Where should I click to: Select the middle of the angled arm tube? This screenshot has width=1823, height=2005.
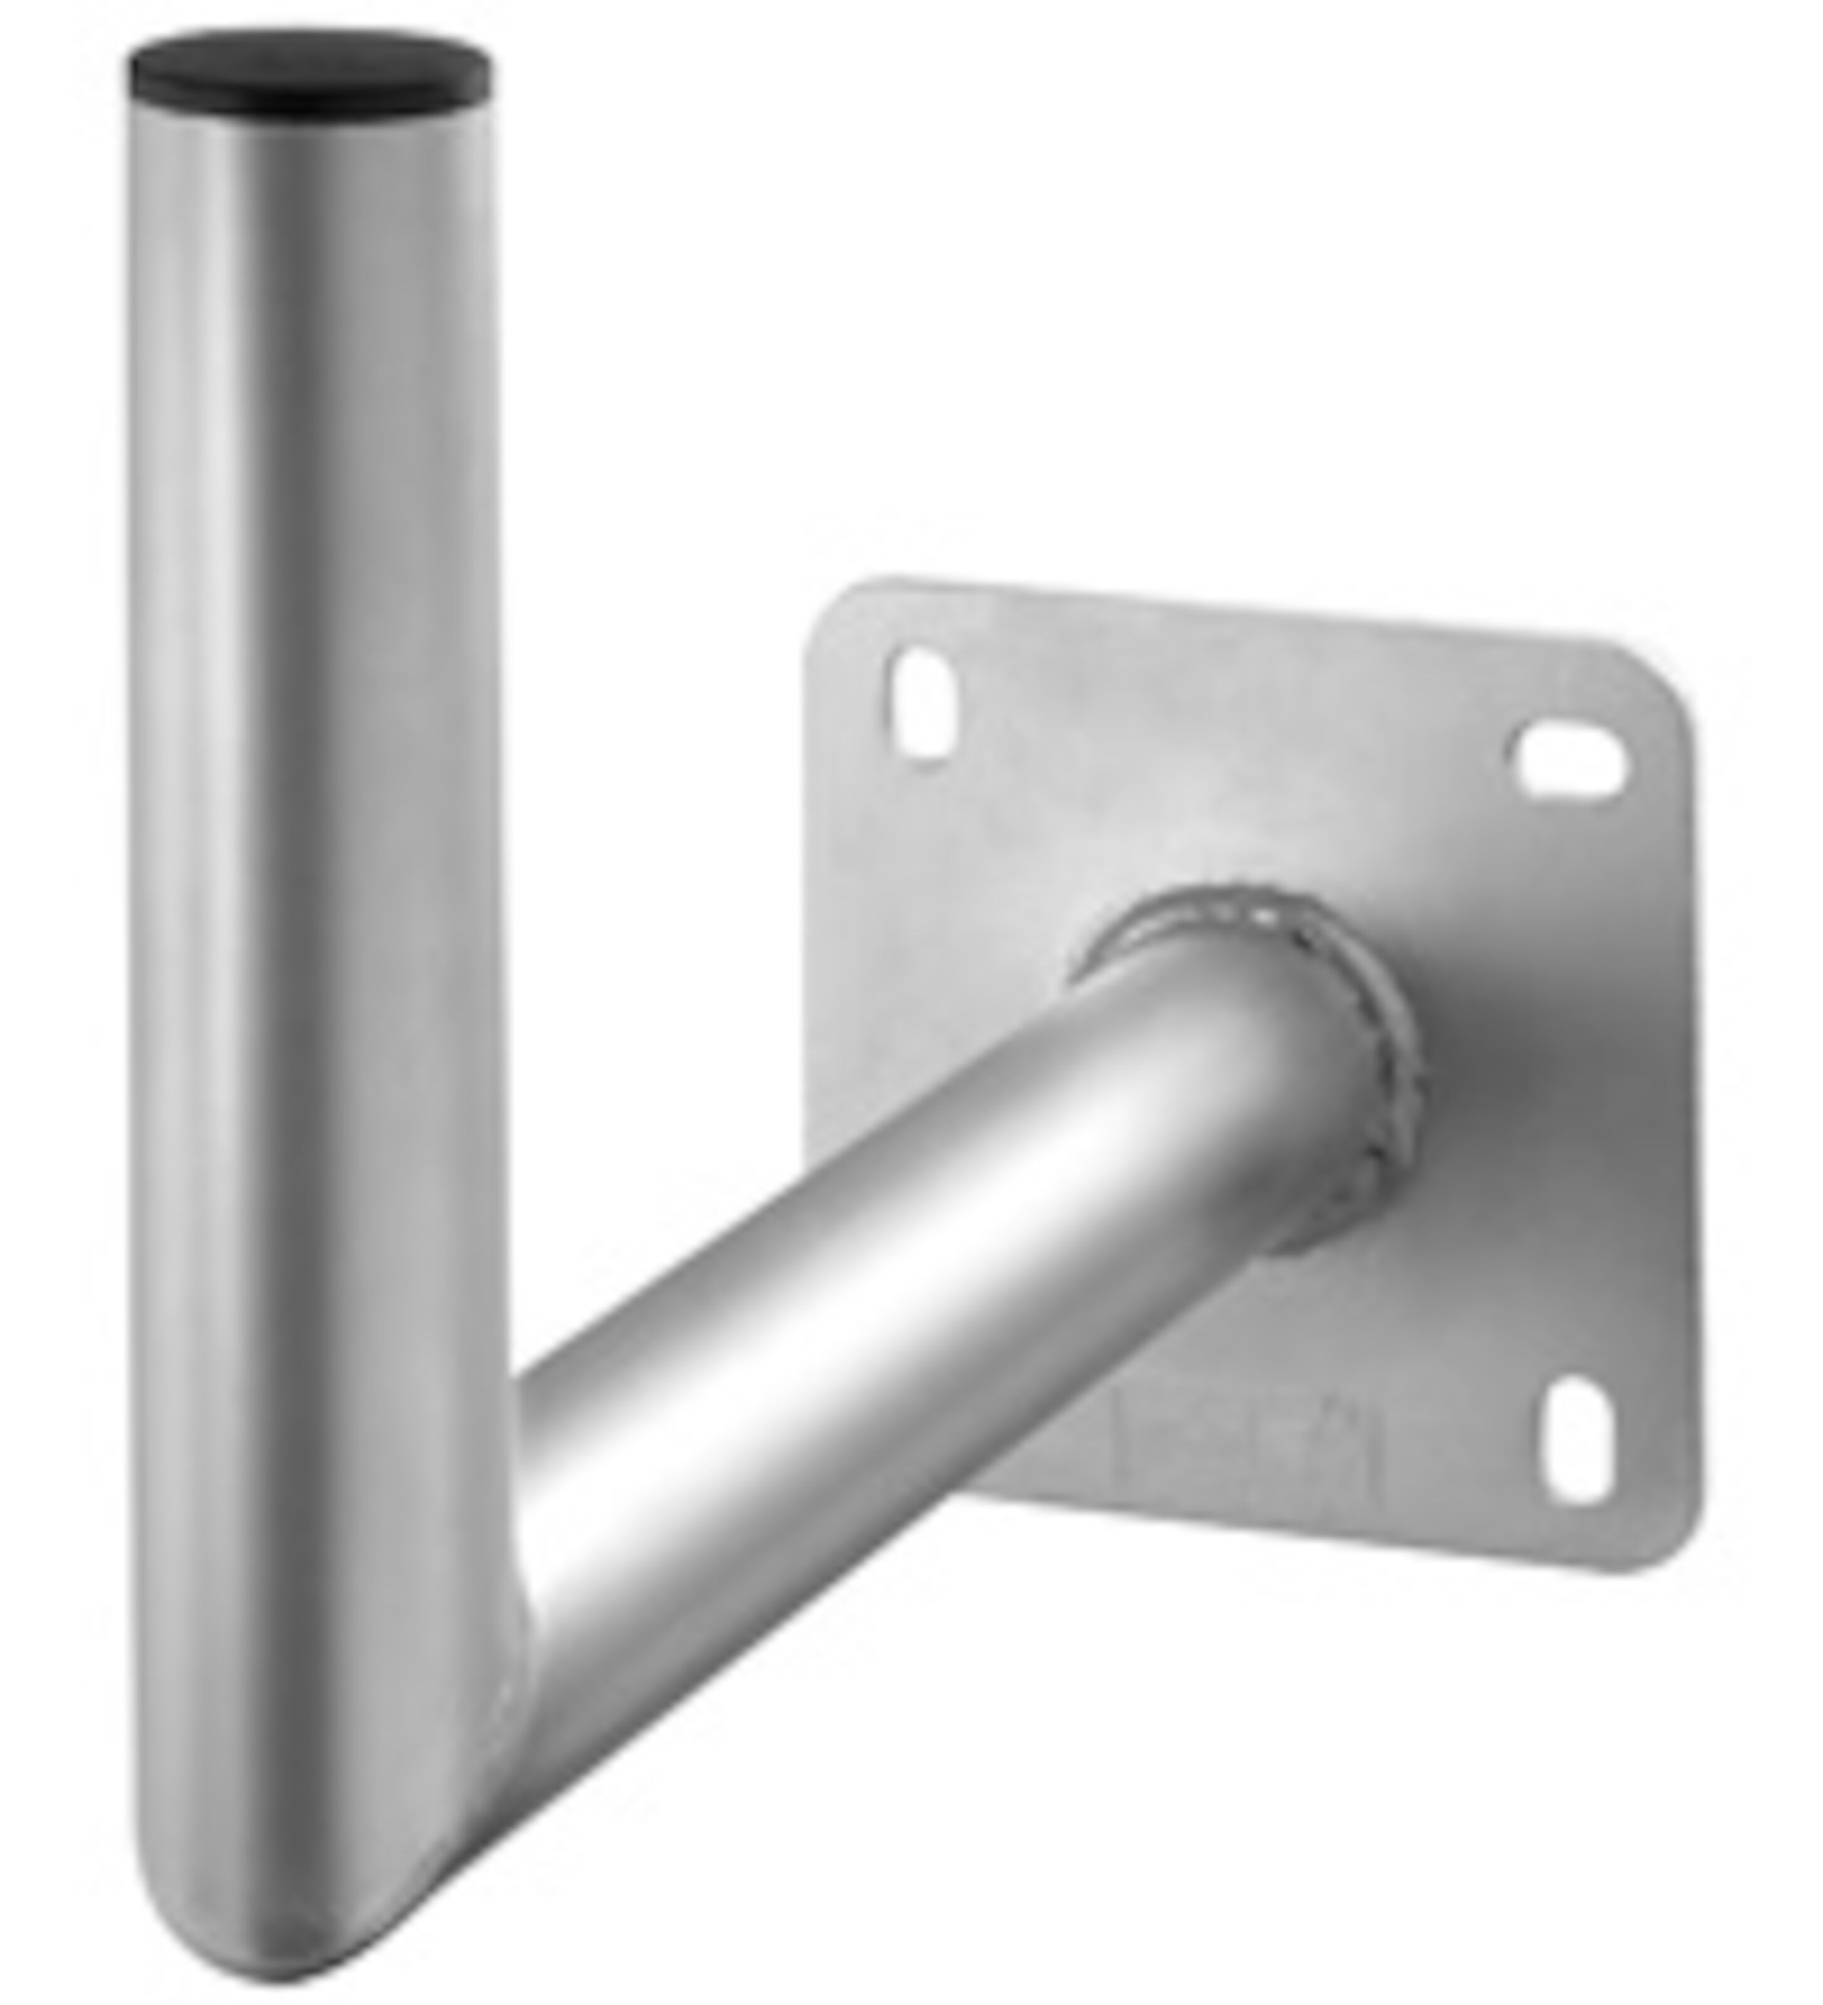click(x=895, y=1392)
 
